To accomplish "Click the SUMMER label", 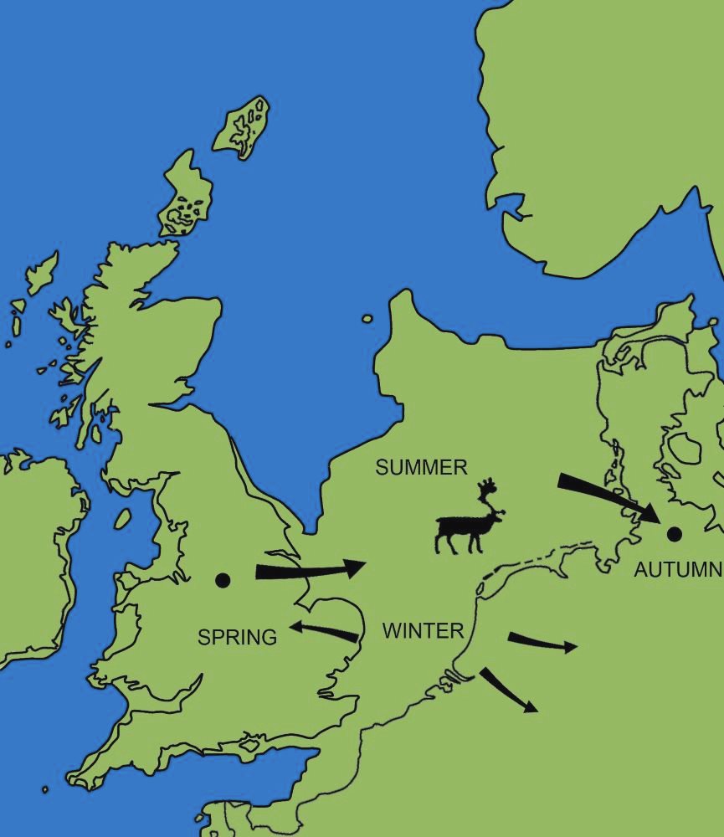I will [x=421, y=468].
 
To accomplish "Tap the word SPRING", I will [x=237, y=637].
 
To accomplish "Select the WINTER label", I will [x=423, y=631].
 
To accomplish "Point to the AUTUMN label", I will [x=677, y=570].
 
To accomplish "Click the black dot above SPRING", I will [x=223, y=580].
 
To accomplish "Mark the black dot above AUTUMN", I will [x=672, y=533].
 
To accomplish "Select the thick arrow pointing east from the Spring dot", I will [x=310, y=571].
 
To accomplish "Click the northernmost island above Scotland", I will [x=243, y=128].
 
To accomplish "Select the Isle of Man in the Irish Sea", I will [x=122, y=519].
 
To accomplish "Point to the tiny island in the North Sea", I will [x=367, y=318].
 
